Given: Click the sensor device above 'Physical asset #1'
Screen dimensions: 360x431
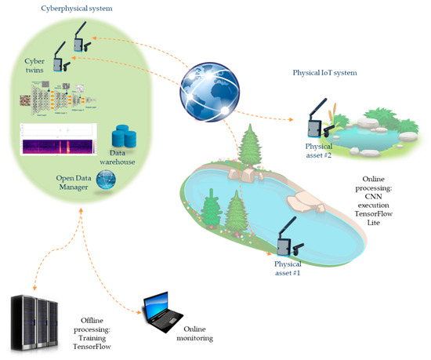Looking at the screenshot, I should (x=284, y=239).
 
